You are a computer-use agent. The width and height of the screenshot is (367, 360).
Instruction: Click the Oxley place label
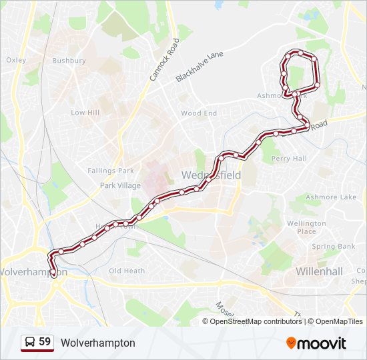[x=16, y=60]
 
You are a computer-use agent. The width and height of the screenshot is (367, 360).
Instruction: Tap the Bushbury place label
[x=69, y=61]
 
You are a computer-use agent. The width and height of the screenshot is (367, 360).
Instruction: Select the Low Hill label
[x=85, y=113]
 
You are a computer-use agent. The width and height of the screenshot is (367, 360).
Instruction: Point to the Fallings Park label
[x=111, y=171]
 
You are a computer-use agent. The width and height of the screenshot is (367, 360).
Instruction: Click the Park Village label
[x=120, y=185]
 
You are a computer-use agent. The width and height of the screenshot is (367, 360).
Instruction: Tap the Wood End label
[x=199, y=113]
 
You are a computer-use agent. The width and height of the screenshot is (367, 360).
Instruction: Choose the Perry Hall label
[x=289, y=159]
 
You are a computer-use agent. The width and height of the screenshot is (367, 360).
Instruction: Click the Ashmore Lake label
[x=331, y=197]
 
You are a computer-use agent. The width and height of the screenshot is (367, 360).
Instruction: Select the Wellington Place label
[x=306, y=227]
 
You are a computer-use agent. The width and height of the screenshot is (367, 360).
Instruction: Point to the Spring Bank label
[x=333, y=247]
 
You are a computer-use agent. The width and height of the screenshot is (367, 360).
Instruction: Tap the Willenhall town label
[x=319, y=271]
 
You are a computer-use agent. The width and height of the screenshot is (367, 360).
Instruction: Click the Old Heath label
[x=127, y=271]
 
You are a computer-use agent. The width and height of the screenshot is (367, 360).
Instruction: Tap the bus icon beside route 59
[x=29, y=343]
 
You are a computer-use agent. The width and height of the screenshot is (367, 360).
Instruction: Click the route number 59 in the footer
[x=45, y=342]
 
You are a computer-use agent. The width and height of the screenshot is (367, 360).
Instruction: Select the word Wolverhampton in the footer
[x=97, y=343]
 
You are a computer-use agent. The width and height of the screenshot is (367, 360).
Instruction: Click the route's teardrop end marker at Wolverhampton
[x=53, y=273]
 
